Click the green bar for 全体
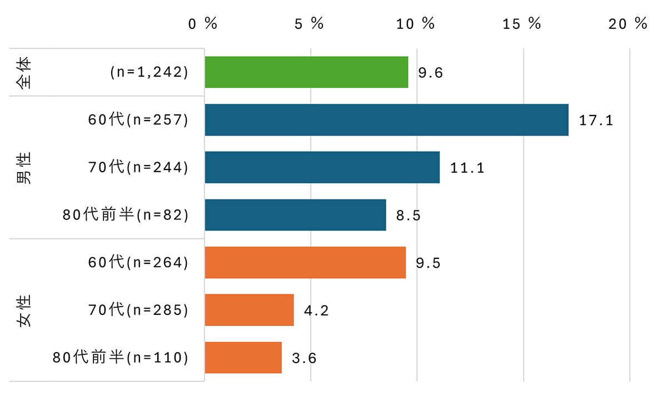[306, 72]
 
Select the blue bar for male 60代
[386, 119]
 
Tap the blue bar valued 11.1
[322, 167]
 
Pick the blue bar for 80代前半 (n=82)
[295, 215]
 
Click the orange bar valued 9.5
[305, 262]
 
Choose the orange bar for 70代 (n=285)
[249, 310]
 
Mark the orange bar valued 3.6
[243, 357]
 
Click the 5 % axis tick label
[309, 24]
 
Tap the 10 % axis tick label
[415, 24]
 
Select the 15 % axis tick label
[522, 24]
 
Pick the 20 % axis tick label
[628, 24]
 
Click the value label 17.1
[596, 120]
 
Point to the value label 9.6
[430, 73]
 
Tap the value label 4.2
[316, 310]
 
